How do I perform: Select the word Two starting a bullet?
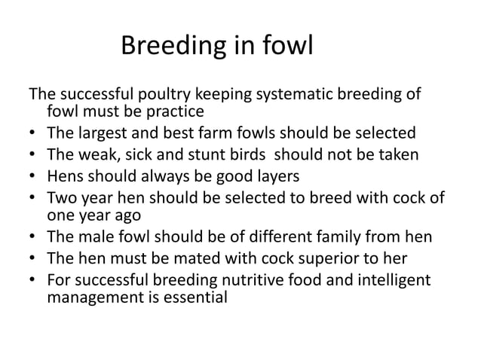(x=61, y=198)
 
